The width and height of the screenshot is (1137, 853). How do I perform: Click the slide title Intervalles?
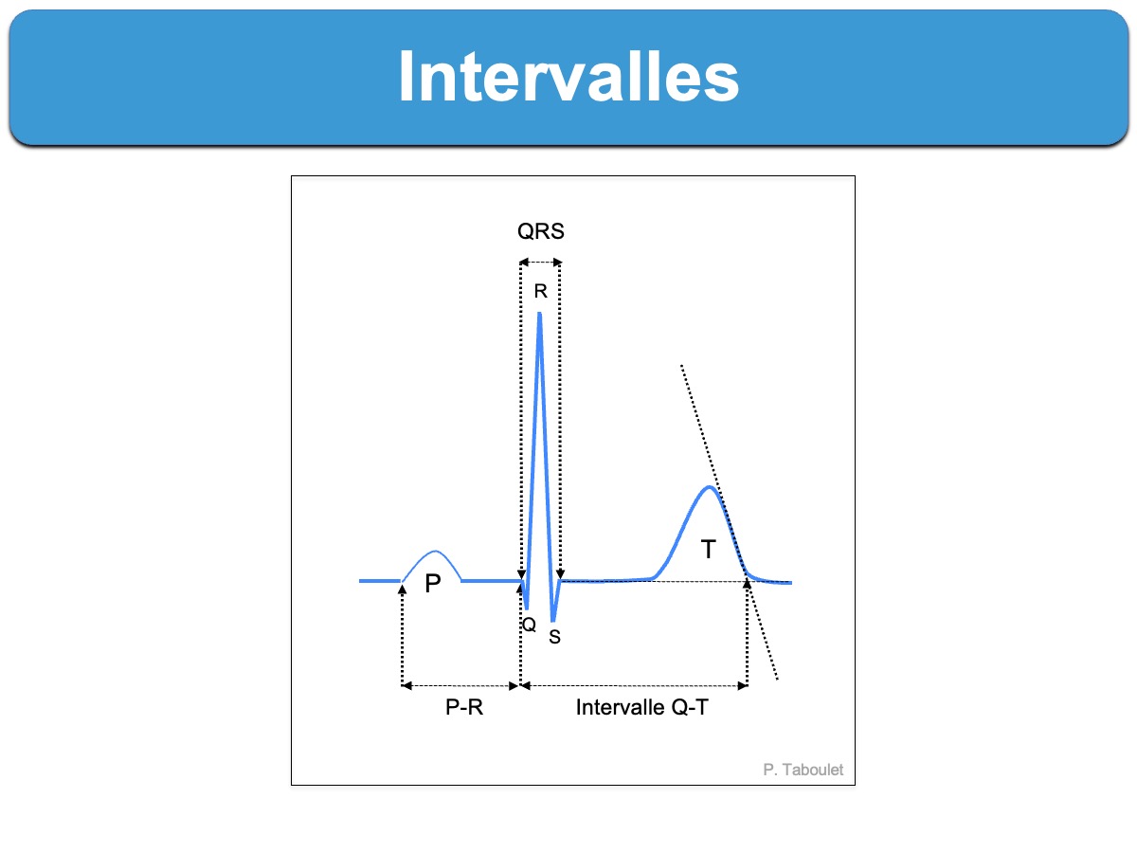tap(568, 77)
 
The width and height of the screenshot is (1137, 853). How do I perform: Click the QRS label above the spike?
tap(541, 231)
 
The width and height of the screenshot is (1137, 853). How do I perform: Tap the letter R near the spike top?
tap(541, 291)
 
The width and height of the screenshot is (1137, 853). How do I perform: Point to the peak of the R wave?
tap(540, 314)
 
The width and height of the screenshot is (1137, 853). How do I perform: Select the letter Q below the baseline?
tap(529, 625)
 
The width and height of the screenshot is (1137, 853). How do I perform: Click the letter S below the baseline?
tap(555, 637)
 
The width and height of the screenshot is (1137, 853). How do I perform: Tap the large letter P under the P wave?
tap(433, 584)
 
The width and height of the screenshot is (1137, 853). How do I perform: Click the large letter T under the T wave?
tap(708, 549)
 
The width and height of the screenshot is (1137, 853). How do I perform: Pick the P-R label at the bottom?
tap(464, 707)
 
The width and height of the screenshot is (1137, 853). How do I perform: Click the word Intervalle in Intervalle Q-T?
tap(620, 707)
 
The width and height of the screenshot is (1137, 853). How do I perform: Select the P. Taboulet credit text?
tap(803, 770)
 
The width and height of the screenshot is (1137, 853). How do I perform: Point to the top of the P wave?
tap(435, 552)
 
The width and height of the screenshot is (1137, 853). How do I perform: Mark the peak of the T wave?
tap(709, 487)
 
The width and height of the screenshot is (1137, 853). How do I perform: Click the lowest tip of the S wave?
tap(553, 621)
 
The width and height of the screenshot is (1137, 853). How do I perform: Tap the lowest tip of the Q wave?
tap(527, 608)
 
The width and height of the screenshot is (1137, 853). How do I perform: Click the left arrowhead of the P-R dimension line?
tap(406, 686)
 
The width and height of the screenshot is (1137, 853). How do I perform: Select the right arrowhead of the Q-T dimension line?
tap(743, 686)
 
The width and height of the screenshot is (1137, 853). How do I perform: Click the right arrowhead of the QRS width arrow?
tap(557, 263)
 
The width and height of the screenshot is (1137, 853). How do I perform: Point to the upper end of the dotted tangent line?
tap(681, 365)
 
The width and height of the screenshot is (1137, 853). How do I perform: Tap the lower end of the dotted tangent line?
tap(778, 679)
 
